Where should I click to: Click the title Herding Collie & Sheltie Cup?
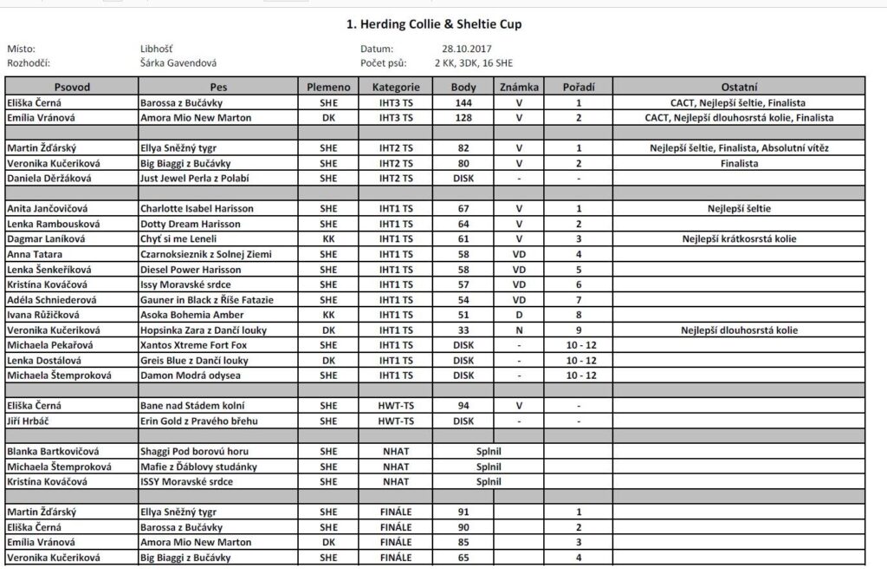[433, 24]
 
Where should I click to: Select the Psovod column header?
[72, 88]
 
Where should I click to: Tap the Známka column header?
[520, 88]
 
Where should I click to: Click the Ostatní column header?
[739, 88]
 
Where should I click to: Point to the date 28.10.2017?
[466, 49]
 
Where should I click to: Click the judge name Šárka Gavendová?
[178, 63]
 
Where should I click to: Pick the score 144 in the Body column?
[463, 102]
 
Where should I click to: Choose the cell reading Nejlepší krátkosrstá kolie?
[739, 238]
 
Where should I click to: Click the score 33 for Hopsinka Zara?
[463, 330]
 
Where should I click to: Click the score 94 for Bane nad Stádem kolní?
[463, 406]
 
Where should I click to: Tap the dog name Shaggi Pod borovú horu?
[194, 452]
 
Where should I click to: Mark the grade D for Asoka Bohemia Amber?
[520, 315]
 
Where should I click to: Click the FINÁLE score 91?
[463, 512]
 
